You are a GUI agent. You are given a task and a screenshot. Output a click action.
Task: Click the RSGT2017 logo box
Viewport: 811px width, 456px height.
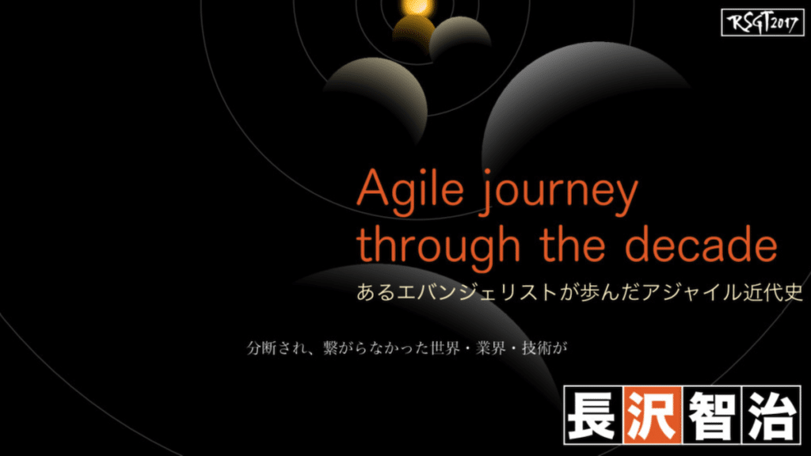tap(763, 22)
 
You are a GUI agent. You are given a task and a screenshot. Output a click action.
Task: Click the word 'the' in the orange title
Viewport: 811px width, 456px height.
tap(573, 243)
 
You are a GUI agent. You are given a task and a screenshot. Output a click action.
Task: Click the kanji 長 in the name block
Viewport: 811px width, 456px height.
tap(593, 415)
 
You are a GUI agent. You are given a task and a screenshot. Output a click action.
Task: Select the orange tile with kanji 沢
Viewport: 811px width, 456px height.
tap(653, 415)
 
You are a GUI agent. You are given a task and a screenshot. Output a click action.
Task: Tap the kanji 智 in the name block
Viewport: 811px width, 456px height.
tap(712, 415)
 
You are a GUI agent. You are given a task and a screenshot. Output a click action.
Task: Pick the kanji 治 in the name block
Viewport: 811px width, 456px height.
tap(771, 415)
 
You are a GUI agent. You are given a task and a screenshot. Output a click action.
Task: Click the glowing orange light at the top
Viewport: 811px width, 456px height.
tap(417, 6)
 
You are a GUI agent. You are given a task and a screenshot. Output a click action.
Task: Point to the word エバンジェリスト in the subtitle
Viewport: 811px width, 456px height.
tap(478, 293)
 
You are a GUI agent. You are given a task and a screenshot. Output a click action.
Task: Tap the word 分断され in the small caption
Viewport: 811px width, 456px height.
tap(276, 348)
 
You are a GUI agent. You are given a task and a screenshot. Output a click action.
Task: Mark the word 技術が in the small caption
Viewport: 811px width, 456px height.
tap(544, 348)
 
